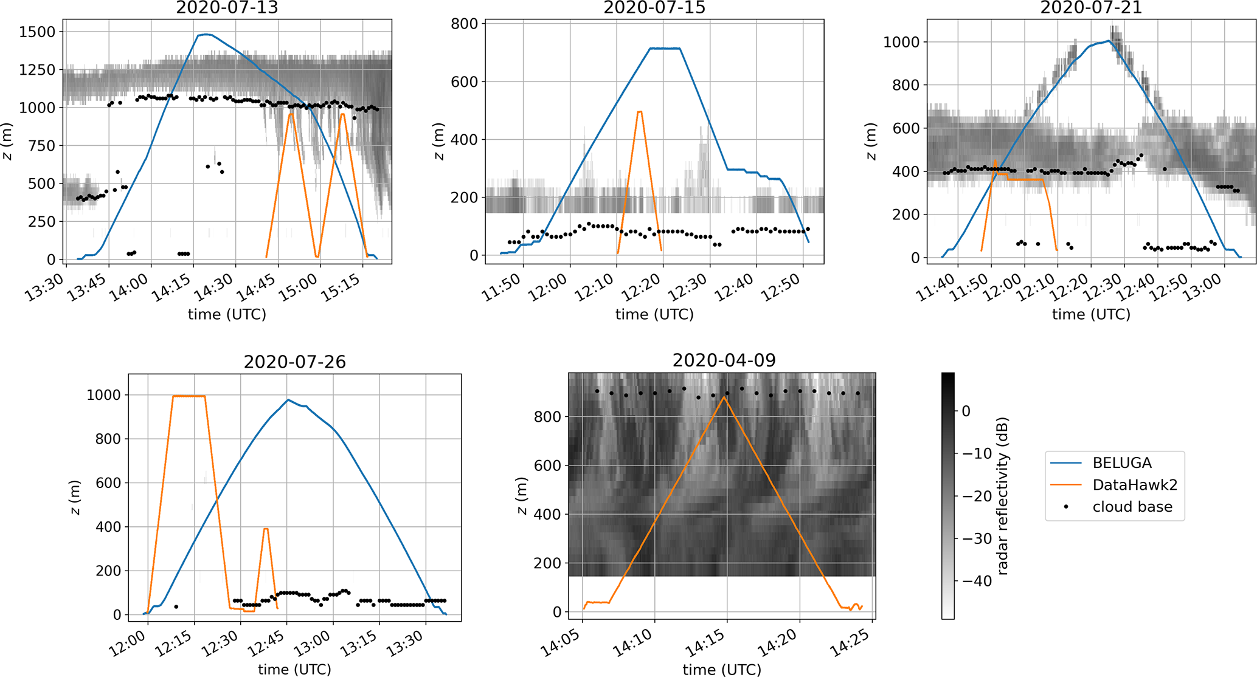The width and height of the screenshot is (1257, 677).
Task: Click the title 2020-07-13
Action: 227,8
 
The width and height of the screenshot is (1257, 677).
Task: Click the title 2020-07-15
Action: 654,8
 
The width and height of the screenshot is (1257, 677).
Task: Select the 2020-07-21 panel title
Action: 1091,8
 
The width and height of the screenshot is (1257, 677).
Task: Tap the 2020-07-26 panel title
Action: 294,362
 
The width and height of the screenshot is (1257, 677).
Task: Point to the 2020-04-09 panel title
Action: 724,360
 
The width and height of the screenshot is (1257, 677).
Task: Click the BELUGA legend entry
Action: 1121,463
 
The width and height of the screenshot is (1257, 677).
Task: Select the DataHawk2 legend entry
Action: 1134,485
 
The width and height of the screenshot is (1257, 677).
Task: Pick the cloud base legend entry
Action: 1132,507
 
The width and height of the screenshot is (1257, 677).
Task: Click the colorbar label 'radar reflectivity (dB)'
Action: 1003,496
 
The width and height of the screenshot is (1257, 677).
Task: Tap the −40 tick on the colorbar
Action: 977,582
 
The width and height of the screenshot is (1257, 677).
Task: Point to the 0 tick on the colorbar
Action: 966,411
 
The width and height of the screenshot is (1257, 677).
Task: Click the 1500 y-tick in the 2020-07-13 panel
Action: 37,32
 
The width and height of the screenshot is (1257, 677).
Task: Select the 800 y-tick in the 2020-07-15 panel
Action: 465,24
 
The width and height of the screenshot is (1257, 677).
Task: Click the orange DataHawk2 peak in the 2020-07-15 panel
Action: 639,111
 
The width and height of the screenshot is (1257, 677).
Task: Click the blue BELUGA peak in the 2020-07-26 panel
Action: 288,400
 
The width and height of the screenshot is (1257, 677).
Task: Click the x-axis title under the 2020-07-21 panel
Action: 1091,314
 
